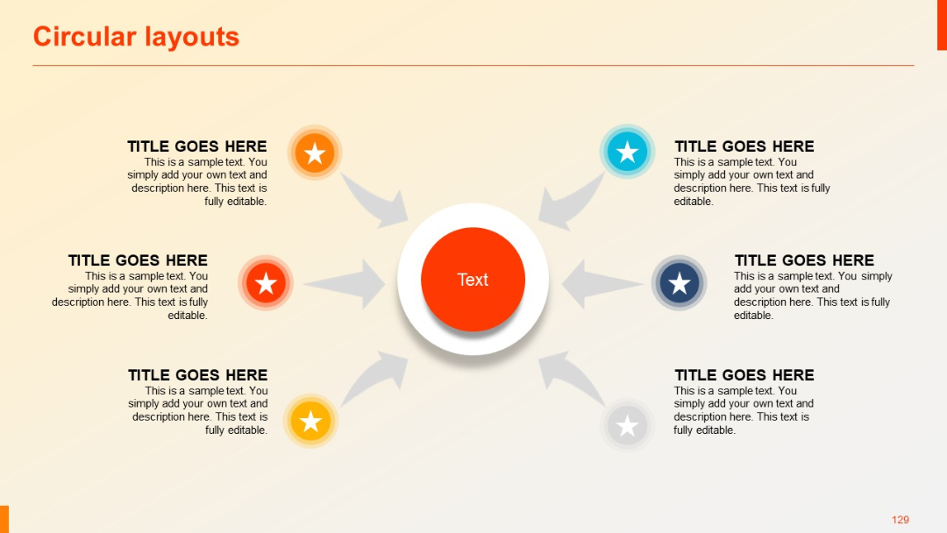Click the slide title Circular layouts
point(136,37)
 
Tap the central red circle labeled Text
point(473,280)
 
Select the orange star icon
point(315,153)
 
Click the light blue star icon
point(627,152)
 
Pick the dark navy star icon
point(679,283)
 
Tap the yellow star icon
point(310,422)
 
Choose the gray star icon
point(627,426)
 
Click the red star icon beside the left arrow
point(266,283)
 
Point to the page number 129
point(900,520)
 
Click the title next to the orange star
point(196,146)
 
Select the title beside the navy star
point(804,260)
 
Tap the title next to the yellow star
point(197,375)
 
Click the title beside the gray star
point(744,375)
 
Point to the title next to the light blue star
point(744,146)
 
